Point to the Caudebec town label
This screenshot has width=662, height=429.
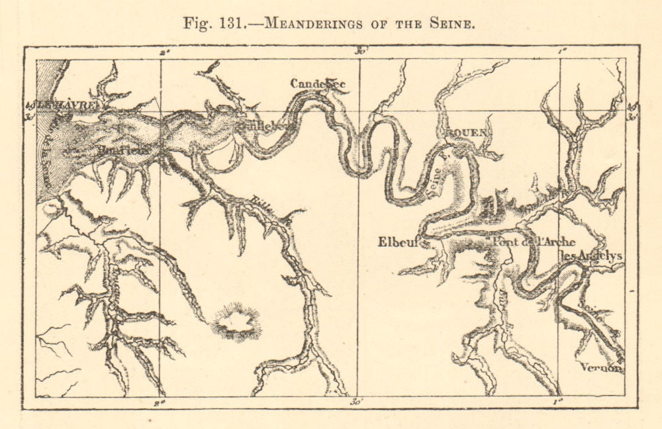pyautogui.click(x=318, y=83)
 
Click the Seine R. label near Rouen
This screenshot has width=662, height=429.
pyautogui.click(x=436, y=179)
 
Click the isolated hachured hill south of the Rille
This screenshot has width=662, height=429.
pyautogui.click(x=236, y=322)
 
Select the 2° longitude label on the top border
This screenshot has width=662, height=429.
pyautogui.click(x=164, y=51)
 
